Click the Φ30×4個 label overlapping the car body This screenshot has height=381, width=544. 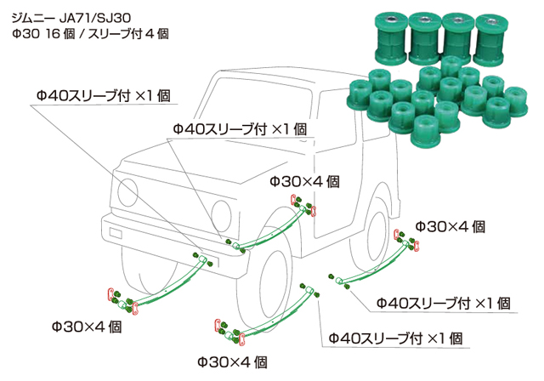305,181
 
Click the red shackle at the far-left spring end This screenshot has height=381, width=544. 111,296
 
